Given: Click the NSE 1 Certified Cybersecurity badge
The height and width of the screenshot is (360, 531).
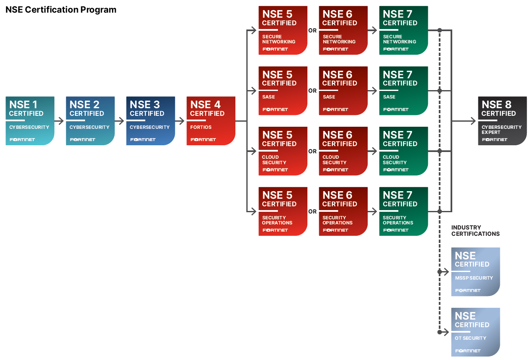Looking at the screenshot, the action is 30,121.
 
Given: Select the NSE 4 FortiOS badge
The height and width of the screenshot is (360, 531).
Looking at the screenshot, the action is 211,121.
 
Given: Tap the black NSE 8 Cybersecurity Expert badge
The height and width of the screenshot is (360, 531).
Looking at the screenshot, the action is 502,121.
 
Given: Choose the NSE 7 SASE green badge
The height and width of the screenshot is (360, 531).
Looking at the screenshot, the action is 403,91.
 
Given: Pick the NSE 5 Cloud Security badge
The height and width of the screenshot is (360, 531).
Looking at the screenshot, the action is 283,151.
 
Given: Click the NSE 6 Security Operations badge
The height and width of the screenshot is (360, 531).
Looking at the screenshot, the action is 343,211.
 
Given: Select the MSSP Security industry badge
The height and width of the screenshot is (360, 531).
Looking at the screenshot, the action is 475,272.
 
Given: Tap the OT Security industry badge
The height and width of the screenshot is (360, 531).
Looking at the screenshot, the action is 475,332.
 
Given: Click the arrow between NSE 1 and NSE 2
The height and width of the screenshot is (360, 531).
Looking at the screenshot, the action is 60,121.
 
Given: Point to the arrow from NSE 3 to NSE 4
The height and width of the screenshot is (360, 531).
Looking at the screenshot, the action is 181,121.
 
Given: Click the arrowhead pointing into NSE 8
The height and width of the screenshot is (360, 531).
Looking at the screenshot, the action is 473,121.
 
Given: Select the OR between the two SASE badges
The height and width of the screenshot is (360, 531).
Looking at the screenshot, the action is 312,91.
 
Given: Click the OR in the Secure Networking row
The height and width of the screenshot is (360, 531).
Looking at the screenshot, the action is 312,30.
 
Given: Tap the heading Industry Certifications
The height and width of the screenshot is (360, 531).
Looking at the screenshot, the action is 475,231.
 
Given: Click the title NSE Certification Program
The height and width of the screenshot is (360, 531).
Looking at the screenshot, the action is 61,10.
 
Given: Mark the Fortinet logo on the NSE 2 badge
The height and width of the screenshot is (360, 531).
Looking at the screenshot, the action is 83,139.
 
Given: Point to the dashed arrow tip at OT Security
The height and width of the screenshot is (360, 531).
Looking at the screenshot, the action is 448,332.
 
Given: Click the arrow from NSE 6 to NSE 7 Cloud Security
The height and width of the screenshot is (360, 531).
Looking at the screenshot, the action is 373,151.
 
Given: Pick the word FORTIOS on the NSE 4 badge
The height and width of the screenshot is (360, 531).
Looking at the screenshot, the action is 201,127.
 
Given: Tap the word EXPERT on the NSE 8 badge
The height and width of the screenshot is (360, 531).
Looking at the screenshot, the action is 491,132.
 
